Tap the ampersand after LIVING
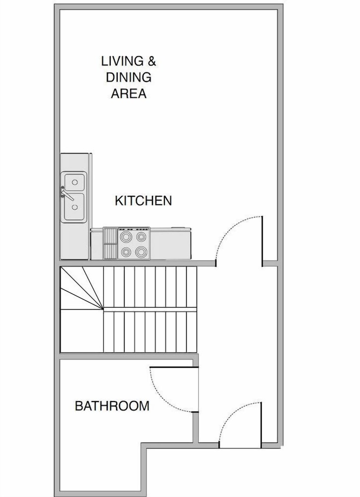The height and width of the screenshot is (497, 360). coord(152,61)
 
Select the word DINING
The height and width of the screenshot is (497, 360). coord(129,78)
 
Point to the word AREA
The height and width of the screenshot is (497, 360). coord(129,93)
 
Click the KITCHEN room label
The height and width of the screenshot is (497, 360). coord(143,201)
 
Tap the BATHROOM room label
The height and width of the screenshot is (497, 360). coord(112,406)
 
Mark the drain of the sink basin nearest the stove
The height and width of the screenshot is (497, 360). coord(74,207)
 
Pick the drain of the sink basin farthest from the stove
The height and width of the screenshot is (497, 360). coord(74,182)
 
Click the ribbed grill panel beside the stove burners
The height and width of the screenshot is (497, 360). coord(110,244)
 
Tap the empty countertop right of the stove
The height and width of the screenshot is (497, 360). coord(170,244)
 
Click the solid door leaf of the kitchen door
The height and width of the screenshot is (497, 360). coord(262,241)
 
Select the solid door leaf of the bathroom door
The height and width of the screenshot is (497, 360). coord(174,367)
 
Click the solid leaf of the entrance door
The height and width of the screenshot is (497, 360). coord(261,425)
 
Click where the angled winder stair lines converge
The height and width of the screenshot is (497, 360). coord(103,308)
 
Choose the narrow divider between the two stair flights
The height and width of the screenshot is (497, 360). coord(150,309)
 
